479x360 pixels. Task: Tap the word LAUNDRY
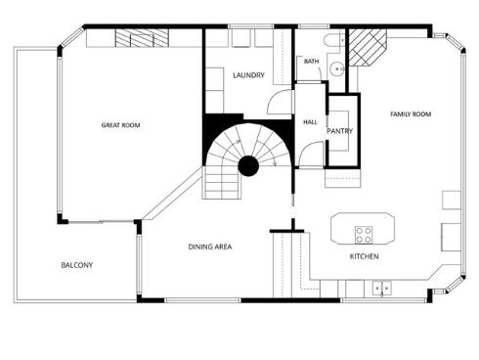tap(249, 75)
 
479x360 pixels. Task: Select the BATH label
tap(311, 62)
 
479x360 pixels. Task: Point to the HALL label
tap(310, 122)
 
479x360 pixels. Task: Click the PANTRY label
tap(339, 130)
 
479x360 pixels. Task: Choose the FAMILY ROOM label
tap(411, 114)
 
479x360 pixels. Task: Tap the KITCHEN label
tap(365, 256)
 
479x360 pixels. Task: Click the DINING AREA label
tap(209, 247)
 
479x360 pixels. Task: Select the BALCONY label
tap(77, 265)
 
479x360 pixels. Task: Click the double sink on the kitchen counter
tap(382, 288)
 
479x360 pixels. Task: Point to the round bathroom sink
tap(334, 68)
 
